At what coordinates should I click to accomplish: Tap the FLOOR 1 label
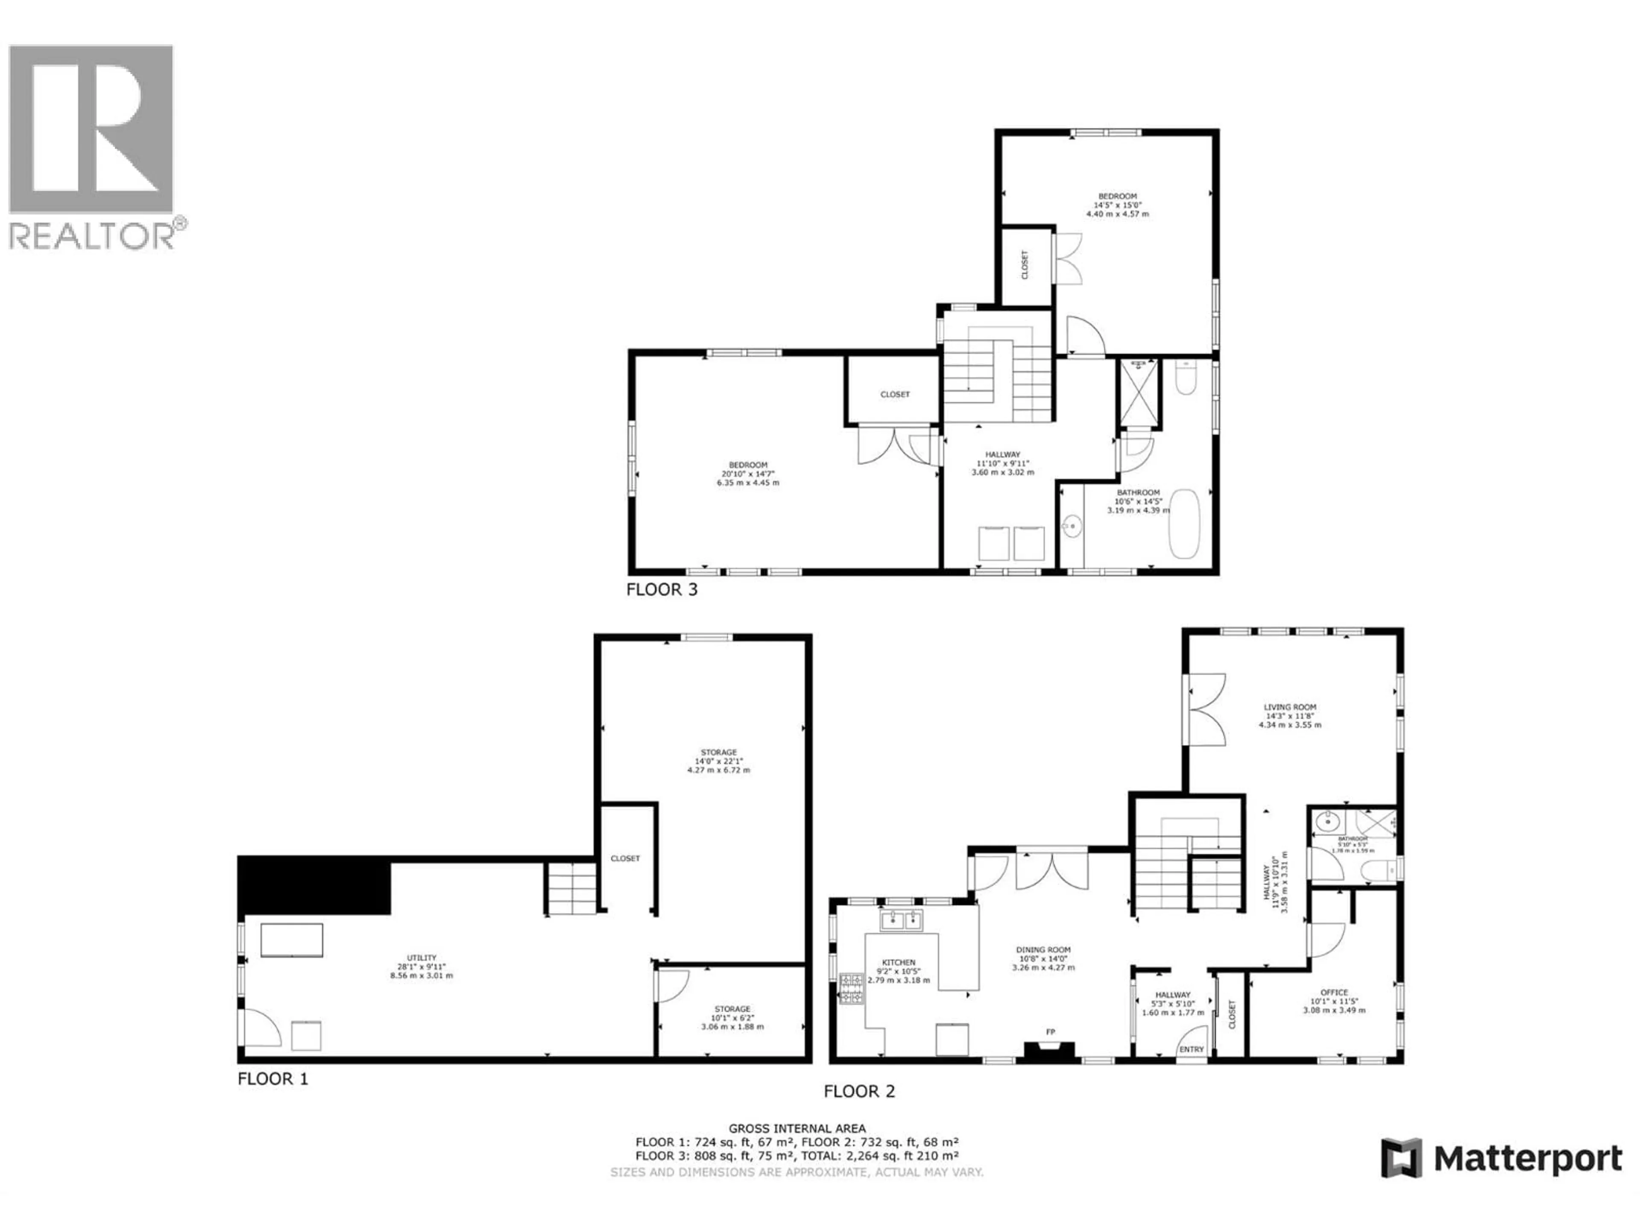point(272,1079)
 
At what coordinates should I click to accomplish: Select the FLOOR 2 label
point(859,1091)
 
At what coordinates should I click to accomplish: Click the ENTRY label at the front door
point(1192,1049)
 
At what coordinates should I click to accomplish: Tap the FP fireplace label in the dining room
point(1050,1032)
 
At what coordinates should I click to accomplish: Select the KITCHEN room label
point(899,962)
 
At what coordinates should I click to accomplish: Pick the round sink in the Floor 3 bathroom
point(1071,527)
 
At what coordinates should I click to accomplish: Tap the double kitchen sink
point(901,921)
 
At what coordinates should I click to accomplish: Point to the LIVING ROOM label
point(1290,707)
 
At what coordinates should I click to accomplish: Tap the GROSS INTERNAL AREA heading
point(797,1128)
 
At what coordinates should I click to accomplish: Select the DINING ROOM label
point(1043,950)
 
